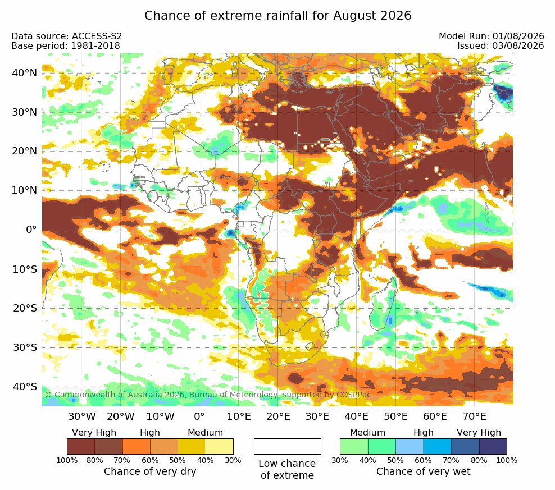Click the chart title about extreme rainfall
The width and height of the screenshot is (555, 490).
coord(278,16)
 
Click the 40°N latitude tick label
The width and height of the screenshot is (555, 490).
coord(24,73)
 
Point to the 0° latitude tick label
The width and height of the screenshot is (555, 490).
coord(31,230)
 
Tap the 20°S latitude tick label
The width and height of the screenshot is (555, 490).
coord(25,308)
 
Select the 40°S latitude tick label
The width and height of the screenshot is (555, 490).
coord(25,386)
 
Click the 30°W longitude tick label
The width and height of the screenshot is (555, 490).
coord(82,416)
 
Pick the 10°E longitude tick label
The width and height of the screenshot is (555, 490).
coord(239,416)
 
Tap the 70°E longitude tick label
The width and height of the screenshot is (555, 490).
coord(474,416)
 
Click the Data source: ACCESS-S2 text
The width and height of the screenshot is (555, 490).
coord(66,36)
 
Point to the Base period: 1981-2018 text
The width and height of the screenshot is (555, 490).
coord(66,45)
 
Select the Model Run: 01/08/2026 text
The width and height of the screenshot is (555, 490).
coord(492,36)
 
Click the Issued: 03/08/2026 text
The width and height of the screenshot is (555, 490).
coord(501,45)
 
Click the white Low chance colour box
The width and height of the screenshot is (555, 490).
coord(288,446)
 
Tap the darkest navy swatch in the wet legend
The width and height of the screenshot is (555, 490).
coord(493,446)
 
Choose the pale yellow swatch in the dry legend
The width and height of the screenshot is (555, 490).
coord(220,446)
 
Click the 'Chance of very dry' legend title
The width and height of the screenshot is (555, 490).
coord(150,471)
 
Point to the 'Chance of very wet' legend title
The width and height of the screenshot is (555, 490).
coord(424,471)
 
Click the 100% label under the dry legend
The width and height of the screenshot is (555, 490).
coord(67,460)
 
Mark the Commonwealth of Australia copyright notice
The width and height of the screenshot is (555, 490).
coord(208,395)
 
